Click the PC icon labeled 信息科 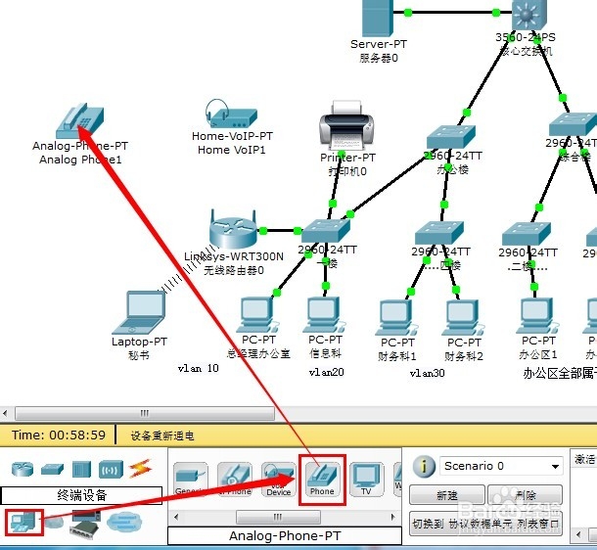tap(325, 314)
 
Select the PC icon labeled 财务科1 tap(397, 316)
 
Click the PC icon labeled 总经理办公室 tap(257, 314)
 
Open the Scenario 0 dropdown tap(500, 466)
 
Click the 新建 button tap(447, 495)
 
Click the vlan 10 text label tap(199, 369)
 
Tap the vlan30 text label tap(427, 372)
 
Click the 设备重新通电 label tap(162, 435)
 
